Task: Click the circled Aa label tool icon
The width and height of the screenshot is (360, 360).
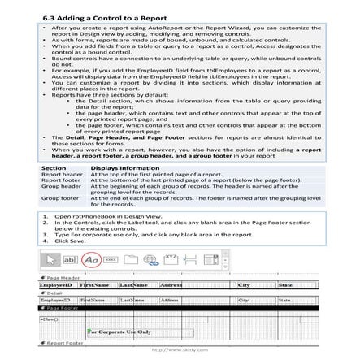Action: (92, 259)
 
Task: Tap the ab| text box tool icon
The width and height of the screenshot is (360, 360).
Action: (71, 259)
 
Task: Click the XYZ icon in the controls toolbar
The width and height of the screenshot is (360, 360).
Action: (171, 258)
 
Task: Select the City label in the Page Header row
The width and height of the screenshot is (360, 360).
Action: (244, 285)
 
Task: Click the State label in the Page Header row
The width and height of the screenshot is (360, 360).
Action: (285, 285)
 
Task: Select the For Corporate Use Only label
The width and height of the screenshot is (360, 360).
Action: (119, 332)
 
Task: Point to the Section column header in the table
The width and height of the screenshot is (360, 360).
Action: (54, 167)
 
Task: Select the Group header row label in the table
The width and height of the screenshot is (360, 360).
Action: (61, 185)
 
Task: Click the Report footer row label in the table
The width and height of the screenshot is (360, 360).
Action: (61, 180)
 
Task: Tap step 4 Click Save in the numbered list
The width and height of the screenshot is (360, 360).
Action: (69, 241)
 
